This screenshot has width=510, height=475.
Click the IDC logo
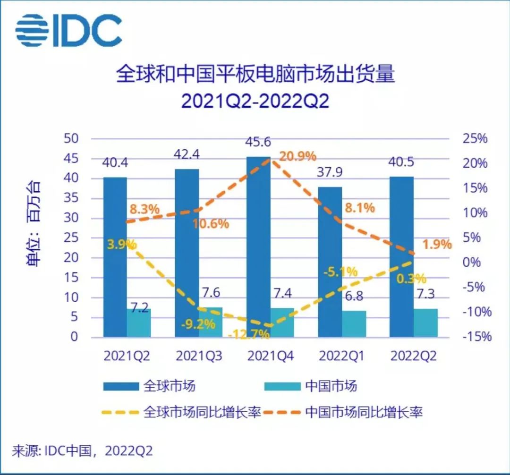(x=69, y=31)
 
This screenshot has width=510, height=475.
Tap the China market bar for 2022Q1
(x=354, y=324)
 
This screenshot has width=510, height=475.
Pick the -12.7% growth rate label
(x=248, y=335)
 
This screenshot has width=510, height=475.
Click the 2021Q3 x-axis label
(x=199, y=356)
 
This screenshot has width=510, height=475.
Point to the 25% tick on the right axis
(x=474, y=139)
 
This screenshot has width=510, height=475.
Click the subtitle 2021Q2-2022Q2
(x=255, y=102)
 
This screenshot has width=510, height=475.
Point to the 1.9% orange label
(x=436, y=245)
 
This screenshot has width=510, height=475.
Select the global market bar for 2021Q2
(x=115, y=257)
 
